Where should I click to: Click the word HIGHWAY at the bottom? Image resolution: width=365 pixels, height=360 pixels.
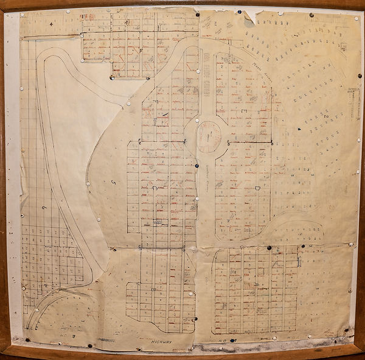[x=161, y=343]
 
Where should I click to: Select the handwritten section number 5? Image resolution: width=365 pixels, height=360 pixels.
[x=114, y=182]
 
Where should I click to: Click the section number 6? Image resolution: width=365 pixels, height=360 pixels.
[x=44, y=208]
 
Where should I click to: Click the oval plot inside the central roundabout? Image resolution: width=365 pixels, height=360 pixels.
[x=208, y=136]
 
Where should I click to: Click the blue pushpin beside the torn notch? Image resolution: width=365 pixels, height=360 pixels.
[x=240, y=12]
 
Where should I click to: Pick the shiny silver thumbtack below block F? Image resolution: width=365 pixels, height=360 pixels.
[x=111, y=77]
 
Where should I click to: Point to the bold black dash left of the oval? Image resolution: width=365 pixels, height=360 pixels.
[x=164, y=114]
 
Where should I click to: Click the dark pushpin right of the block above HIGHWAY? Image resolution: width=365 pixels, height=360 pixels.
[x=195, y=319]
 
